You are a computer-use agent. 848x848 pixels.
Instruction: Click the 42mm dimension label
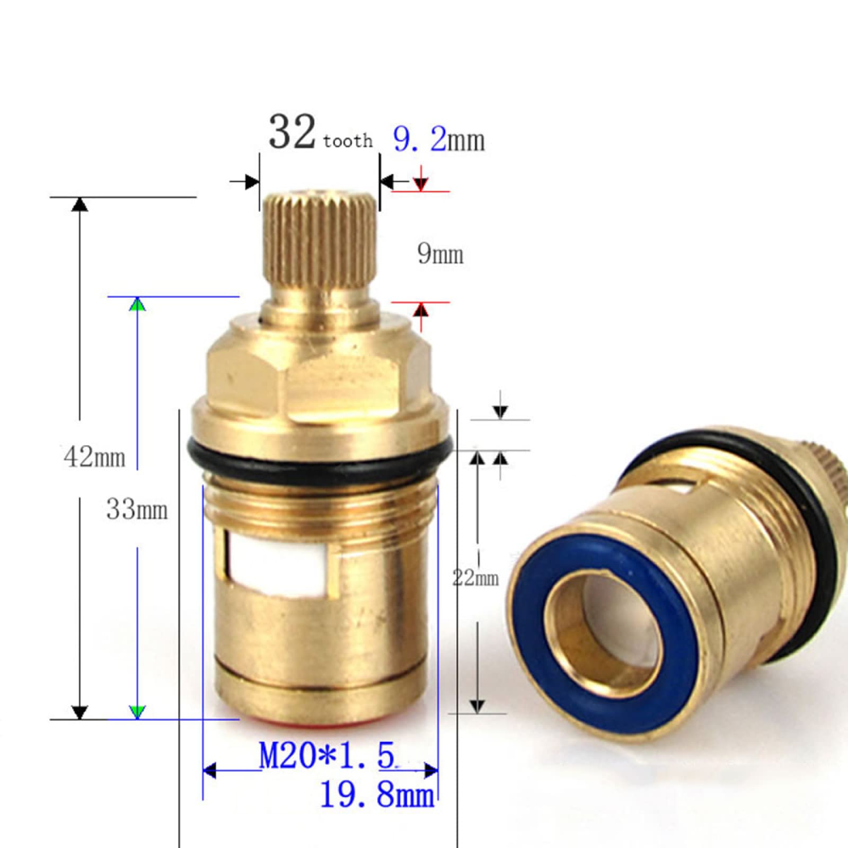tap(94, 457)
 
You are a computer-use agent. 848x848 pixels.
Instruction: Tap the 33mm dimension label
tap(137, 510)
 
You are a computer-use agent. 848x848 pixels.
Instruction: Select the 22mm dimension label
tap(475, 577)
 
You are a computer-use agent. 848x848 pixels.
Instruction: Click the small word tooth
tap(348, 141)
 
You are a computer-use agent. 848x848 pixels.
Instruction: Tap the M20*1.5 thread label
tap(327, 755)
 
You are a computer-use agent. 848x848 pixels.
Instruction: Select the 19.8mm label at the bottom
tap(377, 796)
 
